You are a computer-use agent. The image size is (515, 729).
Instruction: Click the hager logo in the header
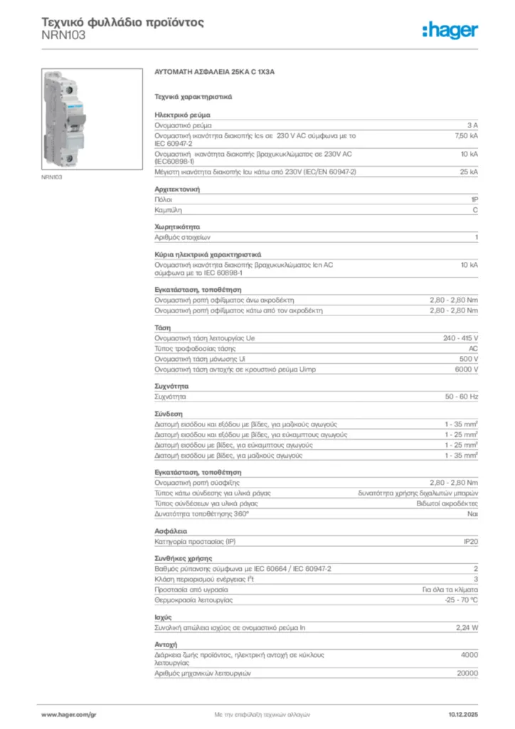(450, 30)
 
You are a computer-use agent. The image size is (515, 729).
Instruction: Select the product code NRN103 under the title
(63, 34)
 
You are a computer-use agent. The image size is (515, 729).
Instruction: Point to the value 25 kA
(469, 172)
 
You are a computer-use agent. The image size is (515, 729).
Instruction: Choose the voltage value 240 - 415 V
(461, 337)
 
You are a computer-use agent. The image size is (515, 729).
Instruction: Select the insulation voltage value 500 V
(467, 359)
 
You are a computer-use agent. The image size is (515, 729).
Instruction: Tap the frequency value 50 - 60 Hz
(462, 395)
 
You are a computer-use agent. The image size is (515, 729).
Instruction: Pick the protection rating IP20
(471, 542)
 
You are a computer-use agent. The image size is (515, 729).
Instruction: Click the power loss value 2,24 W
(467, 628)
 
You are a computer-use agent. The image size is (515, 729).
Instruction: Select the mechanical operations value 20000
(467, 673)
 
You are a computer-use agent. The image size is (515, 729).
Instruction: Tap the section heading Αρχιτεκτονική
(177, 189)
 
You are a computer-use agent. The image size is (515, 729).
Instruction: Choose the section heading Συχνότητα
(171, 384)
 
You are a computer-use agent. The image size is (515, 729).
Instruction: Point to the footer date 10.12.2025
(463, 713)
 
